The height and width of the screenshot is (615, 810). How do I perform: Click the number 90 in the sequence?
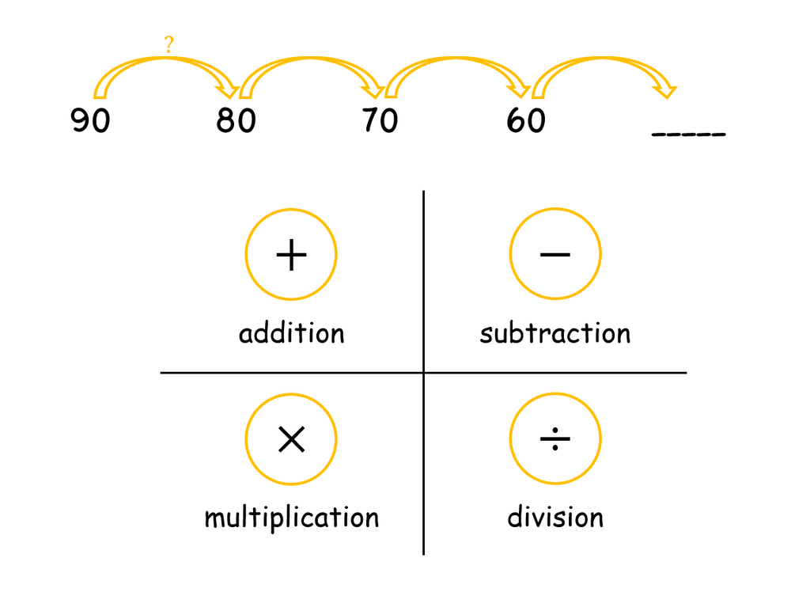pos(90,120)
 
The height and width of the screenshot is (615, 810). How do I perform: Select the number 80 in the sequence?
pos(236,120)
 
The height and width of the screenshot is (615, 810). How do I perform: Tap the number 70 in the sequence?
pos(380,120)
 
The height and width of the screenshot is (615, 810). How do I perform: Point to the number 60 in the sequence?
pos(526,120)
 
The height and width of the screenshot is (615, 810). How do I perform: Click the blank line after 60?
pos(689,135)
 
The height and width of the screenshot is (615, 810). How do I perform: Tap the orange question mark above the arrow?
pos(169,44)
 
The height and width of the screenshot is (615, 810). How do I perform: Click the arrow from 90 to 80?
pos(165,59)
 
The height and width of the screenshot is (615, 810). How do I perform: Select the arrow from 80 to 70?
pos(310,59)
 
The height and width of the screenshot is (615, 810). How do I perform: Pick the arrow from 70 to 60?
pos(456,59)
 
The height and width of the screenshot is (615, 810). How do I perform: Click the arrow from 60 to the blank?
pos(603,59)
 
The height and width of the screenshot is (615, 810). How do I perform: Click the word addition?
pos(291,332)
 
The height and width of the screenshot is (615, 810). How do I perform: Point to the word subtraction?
pos(555,332)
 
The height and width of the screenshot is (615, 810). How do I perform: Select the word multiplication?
pos(292,518)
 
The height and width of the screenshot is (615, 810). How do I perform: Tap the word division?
pos(555,517)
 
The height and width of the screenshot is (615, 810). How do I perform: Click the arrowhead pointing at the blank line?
pos(665,91)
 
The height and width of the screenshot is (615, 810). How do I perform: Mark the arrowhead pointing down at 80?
pos(228,91)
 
